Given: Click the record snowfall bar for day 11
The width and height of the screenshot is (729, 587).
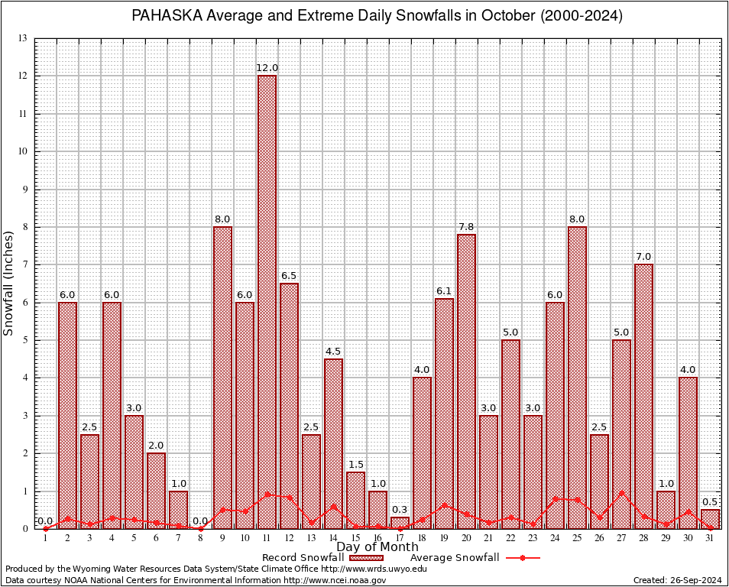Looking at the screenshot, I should pyautogui.click(x=267, y=302).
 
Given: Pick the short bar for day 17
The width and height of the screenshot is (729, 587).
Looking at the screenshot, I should pyautogui.click(x=400, y=523).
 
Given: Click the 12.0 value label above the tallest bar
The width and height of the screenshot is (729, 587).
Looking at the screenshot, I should pyautogui.click(x=267, y=68).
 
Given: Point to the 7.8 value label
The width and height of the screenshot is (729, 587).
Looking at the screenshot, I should pyautogui.click(x=466, y=227).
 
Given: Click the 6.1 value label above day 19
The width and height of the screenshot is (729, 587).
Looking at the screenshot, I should pyautogui.click(x=444, y=291).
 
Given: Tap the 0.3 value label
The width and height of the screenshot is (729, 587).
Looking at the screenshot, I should pyautogui.click(x=400, y=510).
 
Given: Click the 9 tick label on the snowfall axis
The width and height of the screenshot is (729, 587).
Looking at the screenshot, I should pyautogui.click(x=24, y=190).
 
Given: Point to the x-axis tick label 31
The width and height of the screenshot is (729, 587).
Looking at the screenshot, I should pyautogui.click(x=710, y=539).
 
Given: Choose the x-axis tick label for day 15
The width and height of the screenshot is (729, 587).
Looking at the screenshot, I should pyautogui.click(x=355, y=539).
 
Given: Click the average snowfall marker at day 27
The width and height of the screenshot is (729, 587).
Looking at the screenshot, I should pyautogui.click(x=621, y=492).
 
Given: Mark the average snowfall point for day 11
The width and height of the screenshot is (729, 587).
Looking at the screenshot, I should pyautogui.click(x=267, y=495).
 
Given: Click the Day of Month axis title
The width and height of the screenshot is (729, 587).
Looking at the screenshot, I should pyautogui.click(x=377, y=547).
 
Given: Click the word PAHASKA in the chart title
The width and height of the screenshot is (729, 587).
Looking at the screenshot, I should pyautogui.click(x=165, y=16).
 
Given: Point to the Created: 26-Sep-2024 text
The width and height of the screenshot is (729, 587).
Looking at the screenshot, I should pyautogui.click(x=677, y=580).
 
